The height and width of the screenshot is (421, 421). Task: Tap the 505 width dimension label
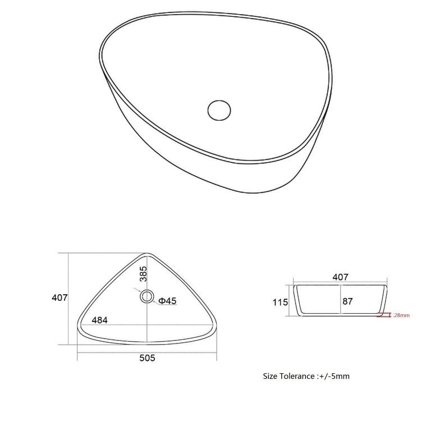pyautogui.click(x=147, y=358)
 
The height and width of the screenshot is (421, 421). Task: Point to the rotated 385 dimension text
pyautogui.click(x=143, y=274)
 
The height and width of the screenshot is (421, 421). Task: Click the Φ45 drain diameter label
pyautogui.click(x=167, y=301)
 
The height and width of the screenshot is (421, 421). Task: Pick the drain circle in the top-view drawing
pyautogui.click(x=147, y=296)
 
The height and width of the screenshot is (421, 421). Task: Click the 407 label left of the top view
pyautogui.click(x=60, y=298)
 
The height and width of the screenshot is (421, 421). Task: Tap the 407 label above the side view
pyautogui.click(x=340, y=277)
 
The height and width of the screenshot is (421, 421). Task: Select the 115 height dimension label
pyautogui.click(x=280, y=302)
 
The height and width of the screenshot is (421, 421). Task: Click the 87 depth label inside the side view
pyautogui.click(x=347, y=301)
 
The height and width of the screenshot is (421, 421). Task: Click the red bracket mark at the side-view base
pyautogui.click(x=385, y=315)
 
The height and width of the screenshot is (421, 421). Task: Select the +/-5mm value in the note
pyautogui.click(x=335, y=376)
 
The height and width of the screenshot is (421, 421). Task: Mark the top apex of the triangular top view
pyautogui.click(x=147, y=254)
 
